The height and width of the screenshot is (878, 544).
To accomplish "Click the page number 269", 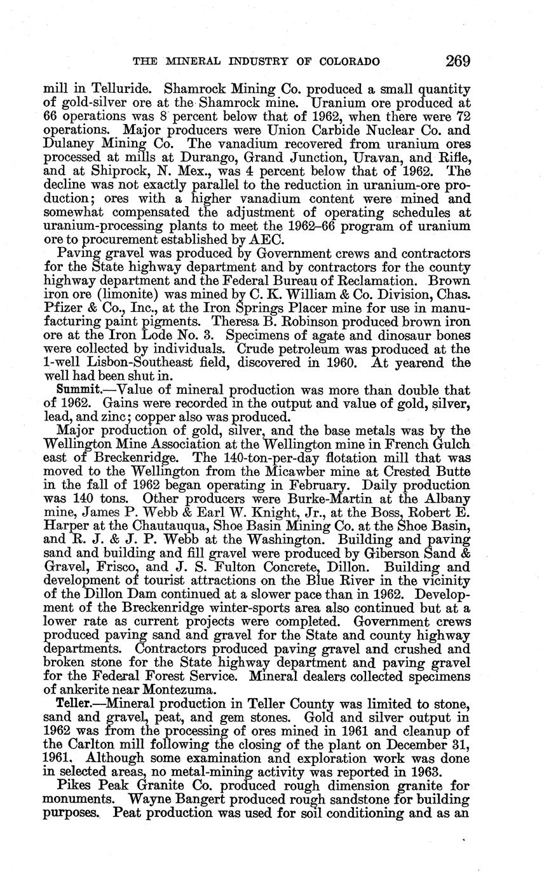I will [458, 61].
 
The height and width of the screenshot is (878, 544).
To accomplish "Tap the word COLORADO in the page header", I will [349, 62].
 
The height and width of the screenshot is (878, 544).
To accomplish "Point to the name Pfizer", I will [61, 309].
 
